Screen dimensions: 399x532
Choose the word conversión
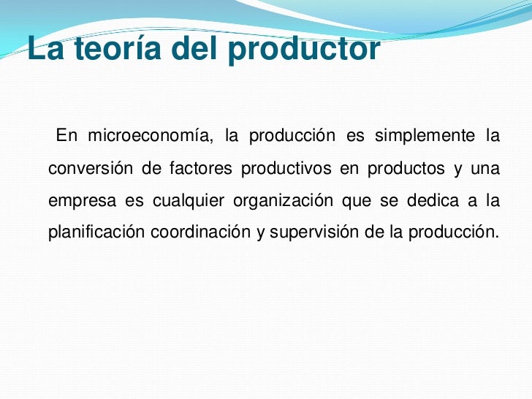pyautogui.click(x=90, y=169)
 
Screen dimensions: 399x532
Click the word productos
pyautogui.click(x=405, y=169)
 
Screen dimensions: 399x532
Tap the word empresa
pyautogui.click(x=76, y=201)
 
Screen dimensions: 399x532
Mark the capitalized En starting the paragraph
pyautogui.click(x=66, y=137)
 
